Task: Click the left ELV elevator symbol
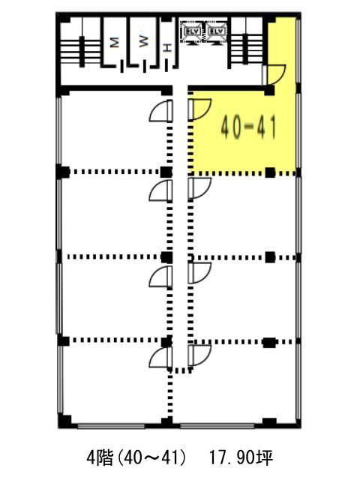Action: click(x=192, y=31)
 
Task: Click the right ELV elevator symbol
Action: click(x=217, y=31)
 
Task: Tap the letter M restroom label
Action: click(x=114, y=42)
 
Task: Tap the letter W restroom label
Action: click(x=143, y=41)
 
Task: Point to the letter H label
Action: click(x=167, y=48)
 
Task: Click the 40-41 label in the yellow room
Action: click(x=248, y=127)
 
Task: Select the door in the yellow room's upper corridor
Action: click(x=274, y=74)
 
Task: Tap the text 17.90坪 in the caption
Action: click(x=241, y=457)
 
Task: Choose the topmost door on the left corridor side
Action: click(x=161, y=110)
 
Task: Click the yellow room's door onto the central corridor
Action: click(x=199, y=109)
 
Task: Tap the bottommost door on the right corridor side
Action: click(x=199, y=355)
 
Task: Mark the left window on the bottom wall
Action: click(x=111, y=426)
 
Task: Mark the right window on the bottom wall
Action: click(x=217, y=426)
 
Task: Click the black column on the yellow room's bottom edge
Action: click(x=270, y=172)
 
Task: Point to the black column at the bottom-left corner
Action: click(x=65, y=421)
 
